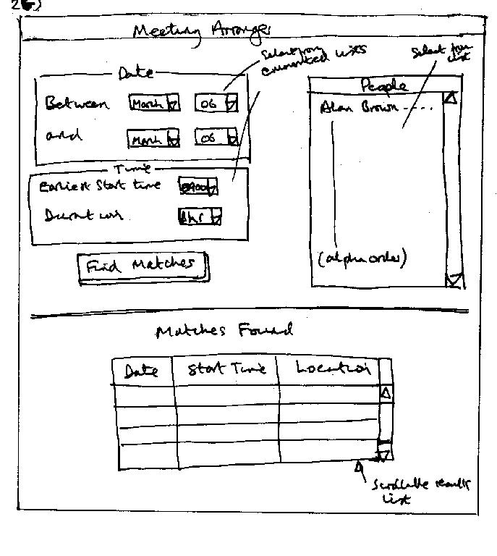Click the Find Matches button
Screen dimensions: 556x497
pos(142,266)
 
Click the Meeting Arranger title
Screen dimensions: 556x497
pos(201,30)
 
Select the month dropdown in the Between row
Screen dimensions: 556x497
pos(153,104)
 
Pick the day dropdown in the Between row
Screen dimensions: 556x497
pos(216,104)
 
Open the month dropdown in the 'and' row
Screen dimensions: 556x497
pos(153,138)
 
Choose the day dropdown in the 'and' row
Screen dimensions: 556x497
pos(216,138)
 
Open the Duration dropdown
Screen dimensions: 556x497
pos(200,216)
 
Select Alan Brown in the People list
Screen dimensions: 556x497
pos(359,108)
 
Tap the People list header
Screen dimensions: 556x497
pos(383,85)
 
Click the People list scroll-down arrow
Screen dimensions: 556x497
pos(453,280)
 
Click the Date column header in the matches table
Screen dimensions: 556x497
pos(142,370)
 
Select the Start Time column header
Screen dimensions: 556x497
pos(226,369)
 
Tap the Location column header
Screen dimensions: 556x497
pos(333,368)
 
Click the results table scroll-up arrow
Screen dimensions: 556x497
pos(385,393)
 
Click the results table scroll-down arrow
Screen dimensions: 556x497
pos(383,455)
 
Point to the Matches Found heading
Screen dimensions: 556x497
pos(224,332)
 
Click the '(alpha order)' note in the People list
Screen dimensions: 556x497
pos(362,259)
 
